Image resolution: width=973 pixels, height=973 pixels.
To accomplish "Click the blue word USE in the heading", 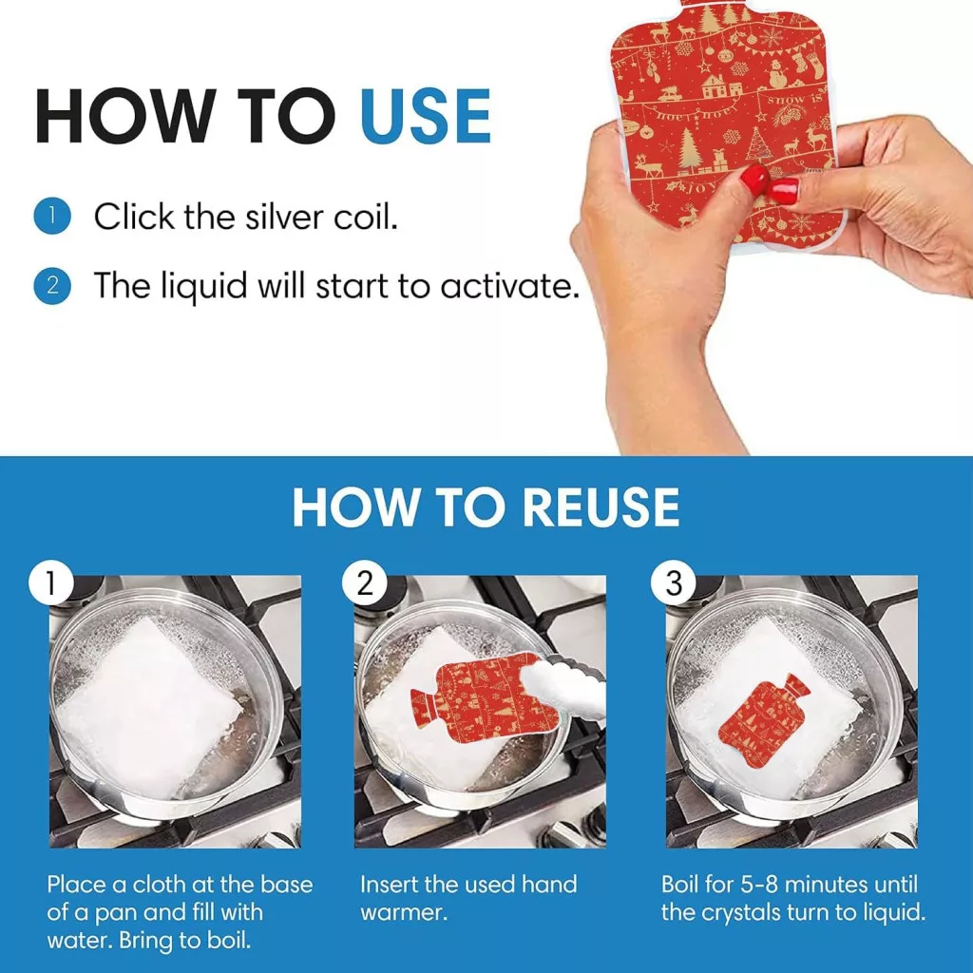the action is pyautogui.click(x=426, y=117).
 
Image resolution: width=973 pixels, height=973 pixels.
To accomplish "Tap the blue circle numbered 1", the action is pyautogui.click(x=52, y=216).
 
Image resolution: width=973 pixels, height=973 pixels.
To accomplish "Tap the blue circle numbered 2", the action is pyautogui.click(x=52, y=285).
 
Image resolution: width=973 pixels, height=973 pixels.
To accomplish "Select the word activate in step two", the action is pyautogui.click(x=510, y=286).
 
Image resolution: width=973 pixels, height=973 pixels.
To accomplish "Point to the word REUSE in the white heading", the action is pyautogui.click(x=601, y=507).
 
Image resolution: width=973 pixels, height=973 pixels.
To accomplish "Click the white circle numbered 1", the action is pyautogui.click(x=51, y=583).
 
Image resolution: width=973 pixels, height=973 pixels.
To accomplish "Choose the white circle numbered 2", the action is pyautogui.click(x=365, y=583).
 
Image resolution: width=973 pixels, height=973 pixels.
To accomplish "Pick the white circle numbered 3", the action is pyautogui.click(x=674, y=583).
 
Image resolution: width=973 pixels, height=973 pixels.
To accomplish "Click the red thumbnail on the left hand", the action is pyautogui.click(x=754, y=179).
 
